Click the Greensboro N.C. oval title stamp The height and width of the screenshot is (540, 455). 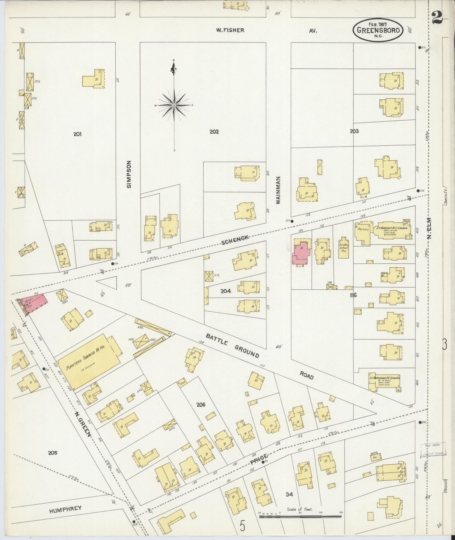point(378,30)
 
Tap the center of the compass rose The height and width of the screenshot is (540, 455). point(174,105)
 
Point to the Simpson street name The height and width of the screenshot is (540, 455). point(129,174)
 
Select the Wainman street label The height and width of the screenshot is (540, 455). point(278,190)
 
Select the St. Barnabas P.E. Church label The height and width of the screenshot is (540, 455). point(385,378)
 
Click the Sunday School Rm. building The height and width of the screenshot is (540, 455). point(342,248)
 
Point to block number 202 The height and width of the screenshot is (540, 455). point(214,132)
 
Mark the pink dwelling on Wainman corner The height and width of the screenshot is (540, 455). point(300,252)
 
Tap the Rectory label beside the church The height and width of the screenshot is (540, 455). point(363,229)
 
